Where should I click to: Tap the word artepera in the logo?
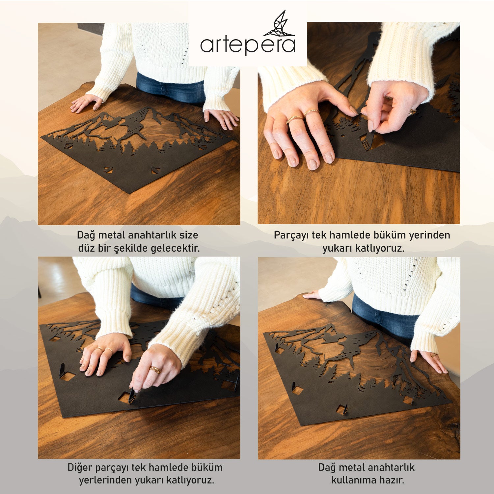click(x=248, y=45)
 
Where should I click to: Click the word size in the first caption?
click(x=189, y=235)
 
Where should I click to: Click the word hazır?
click(x=392, y=480)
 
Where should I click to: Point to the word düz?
click(x=86, y=248)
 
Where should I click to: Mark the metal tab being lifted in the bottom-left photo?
click(x=132, y=396)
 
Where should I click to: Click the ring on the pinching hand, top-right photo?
click(x=412, y=112)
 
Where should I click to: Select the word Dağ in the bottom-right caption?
click(x=327, y=468)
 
